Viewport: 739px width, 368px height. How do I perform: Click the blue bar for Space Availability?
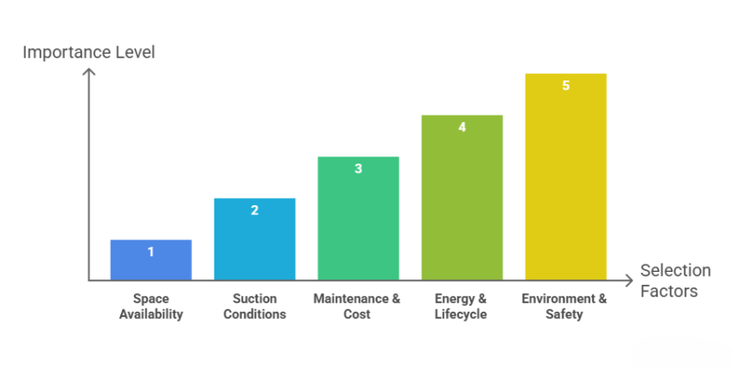click(x=151, y=264)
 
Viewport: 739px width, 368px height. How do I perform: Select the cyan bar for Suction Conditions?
click(x=254, y=242)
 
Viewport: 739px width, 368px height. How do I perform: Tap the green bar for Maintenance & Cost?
click(x=358, y=222)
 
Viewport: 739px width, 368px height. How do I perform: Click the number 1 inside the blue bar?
click(x=151, y=251)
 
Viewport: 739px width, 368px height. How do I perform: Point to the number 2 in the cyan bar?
click(x=255, y=210)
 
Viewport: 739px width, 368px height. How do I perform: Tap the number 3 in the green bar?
click(x=358, y=168)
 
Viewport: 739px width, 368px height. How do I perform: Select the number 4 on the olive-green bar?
click(x=462, y=127)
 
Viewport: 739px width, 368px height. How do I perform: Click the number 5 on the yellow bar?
click(x=565, y=85)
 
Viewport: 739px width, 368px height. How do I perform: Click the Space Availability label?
click(x=151, y=306)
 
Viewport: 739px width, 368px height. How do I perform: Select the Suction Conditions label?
click(x=254, y=306)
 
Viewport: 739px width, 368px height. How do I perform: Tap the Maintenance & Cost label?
click(x=357, y=306)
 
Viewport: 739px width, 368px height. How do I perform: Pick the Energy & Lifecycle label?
click(x=462, y=306)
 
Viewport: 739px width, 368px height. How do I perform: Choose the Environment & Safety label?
click(x=564, y=306)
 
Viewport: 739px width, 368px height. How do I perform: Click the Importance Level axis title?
click(x=89, y=52)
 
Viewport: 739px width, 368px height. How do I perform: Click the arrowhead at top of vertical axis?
click(x=89, y=73)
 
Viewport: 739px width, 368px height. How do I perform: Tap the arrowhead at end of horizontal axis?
click(x=630, y=280)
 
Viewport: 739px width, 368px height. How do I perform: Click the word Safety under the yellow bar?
click(x=564, y=314)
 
